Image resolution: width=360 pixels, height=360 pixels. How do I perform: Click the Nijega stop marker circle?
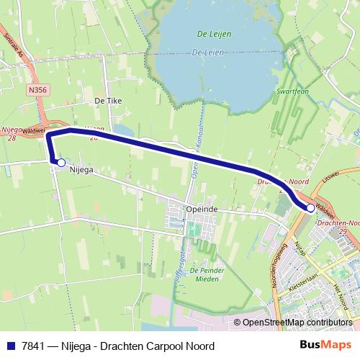click(61, 163)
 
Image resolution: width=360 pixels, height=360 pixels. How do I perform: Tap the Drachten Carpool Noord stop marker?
click(310, 207)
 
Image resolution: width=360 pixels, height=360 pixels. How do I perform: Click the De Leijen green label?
click(210, 35)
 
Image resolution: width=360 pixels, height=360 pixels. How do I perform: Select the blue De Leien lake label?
click(208, 52)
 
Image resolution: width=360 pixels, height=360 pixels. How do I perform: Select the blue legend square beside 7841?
click(10, 346)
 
